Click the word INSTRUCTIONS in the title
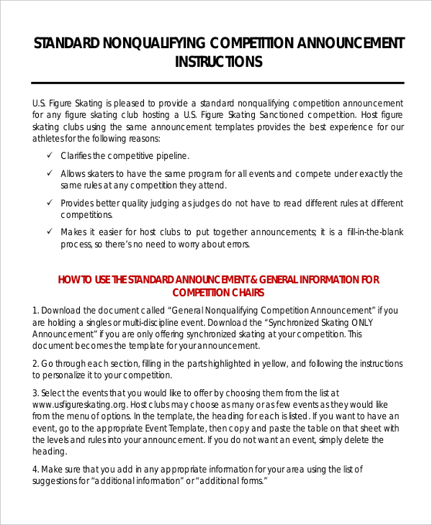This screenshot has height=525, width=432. [x=219, y=62]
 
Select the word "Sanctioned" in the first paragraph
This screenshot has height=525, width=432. [x=272, y=115]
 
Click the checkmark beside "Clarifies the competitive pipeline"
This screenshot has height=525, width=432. [x=49, y=155]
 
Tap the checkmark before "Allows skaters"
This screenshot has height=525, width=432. [x=49, y=173]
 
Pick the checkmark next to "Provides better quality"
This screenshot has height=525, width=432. [x=49, y=203]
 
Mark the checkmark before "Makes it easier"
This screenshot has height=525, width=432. [x=49, y=232]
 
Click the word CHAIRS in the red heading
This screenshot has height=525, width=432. [x=244, y=293]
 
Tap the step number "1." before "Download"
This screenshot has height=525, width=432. [x=35, y=310]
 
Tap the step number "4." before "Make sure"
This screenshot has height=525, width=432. [x=35, y=469]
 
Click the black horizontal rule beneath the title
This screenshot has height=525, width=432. [x=219, y=83]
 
